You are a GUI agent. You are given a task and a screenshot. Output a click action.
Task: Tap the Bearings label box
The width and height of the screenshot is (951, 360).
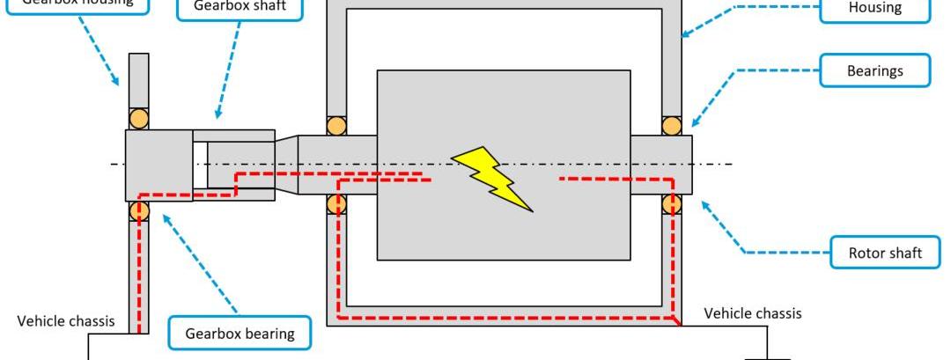click(x=874, y=70)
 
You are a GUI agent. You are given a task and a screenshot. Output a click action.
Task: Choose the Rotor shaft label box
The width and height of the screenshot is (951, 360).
click(x=884, y=253)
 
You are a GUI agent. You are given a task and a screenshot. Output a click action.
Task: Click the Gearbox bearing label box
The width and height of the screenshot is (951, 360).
click(x=239, y=334)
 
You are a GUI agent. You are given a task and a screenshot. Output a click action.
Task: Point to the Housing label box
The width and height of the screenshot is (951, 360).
click(x=874, y=9)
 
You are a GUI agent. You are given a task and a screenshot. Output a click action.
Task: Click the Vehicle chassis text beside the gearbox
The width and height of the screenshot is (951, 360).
click(x=66, y=320)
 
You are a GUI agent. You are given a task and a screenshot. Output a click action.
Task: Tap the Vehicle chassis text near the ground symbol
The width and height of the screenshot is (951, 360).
click(x=753, y=313)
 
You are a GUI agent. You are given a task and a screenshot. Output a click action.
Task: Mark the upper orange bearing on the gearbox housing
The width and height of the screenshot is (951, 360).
click(x=139, y=119)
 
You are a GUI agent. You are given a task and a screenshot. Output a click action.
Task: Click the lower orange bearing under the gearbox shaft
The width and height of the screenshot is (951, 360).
click(x=139, y=211)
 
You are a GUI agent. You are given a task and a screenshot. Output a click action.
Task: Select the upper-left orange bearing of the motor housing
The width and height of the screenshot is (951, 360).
click(x=336, y=125)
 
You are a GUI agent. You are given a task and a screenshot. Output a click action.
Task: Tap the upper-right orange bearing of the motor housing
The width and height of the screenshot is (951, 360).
click(x=672, y=125)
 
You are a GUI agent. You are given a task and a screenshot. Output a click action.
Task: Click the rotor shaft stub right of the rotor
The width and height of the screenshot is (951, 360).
click(x=660, y=165)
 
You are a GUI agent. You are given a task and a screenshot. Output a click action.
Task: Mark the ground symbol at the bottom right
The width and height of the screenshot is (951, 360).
click(x=767, y=356)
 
